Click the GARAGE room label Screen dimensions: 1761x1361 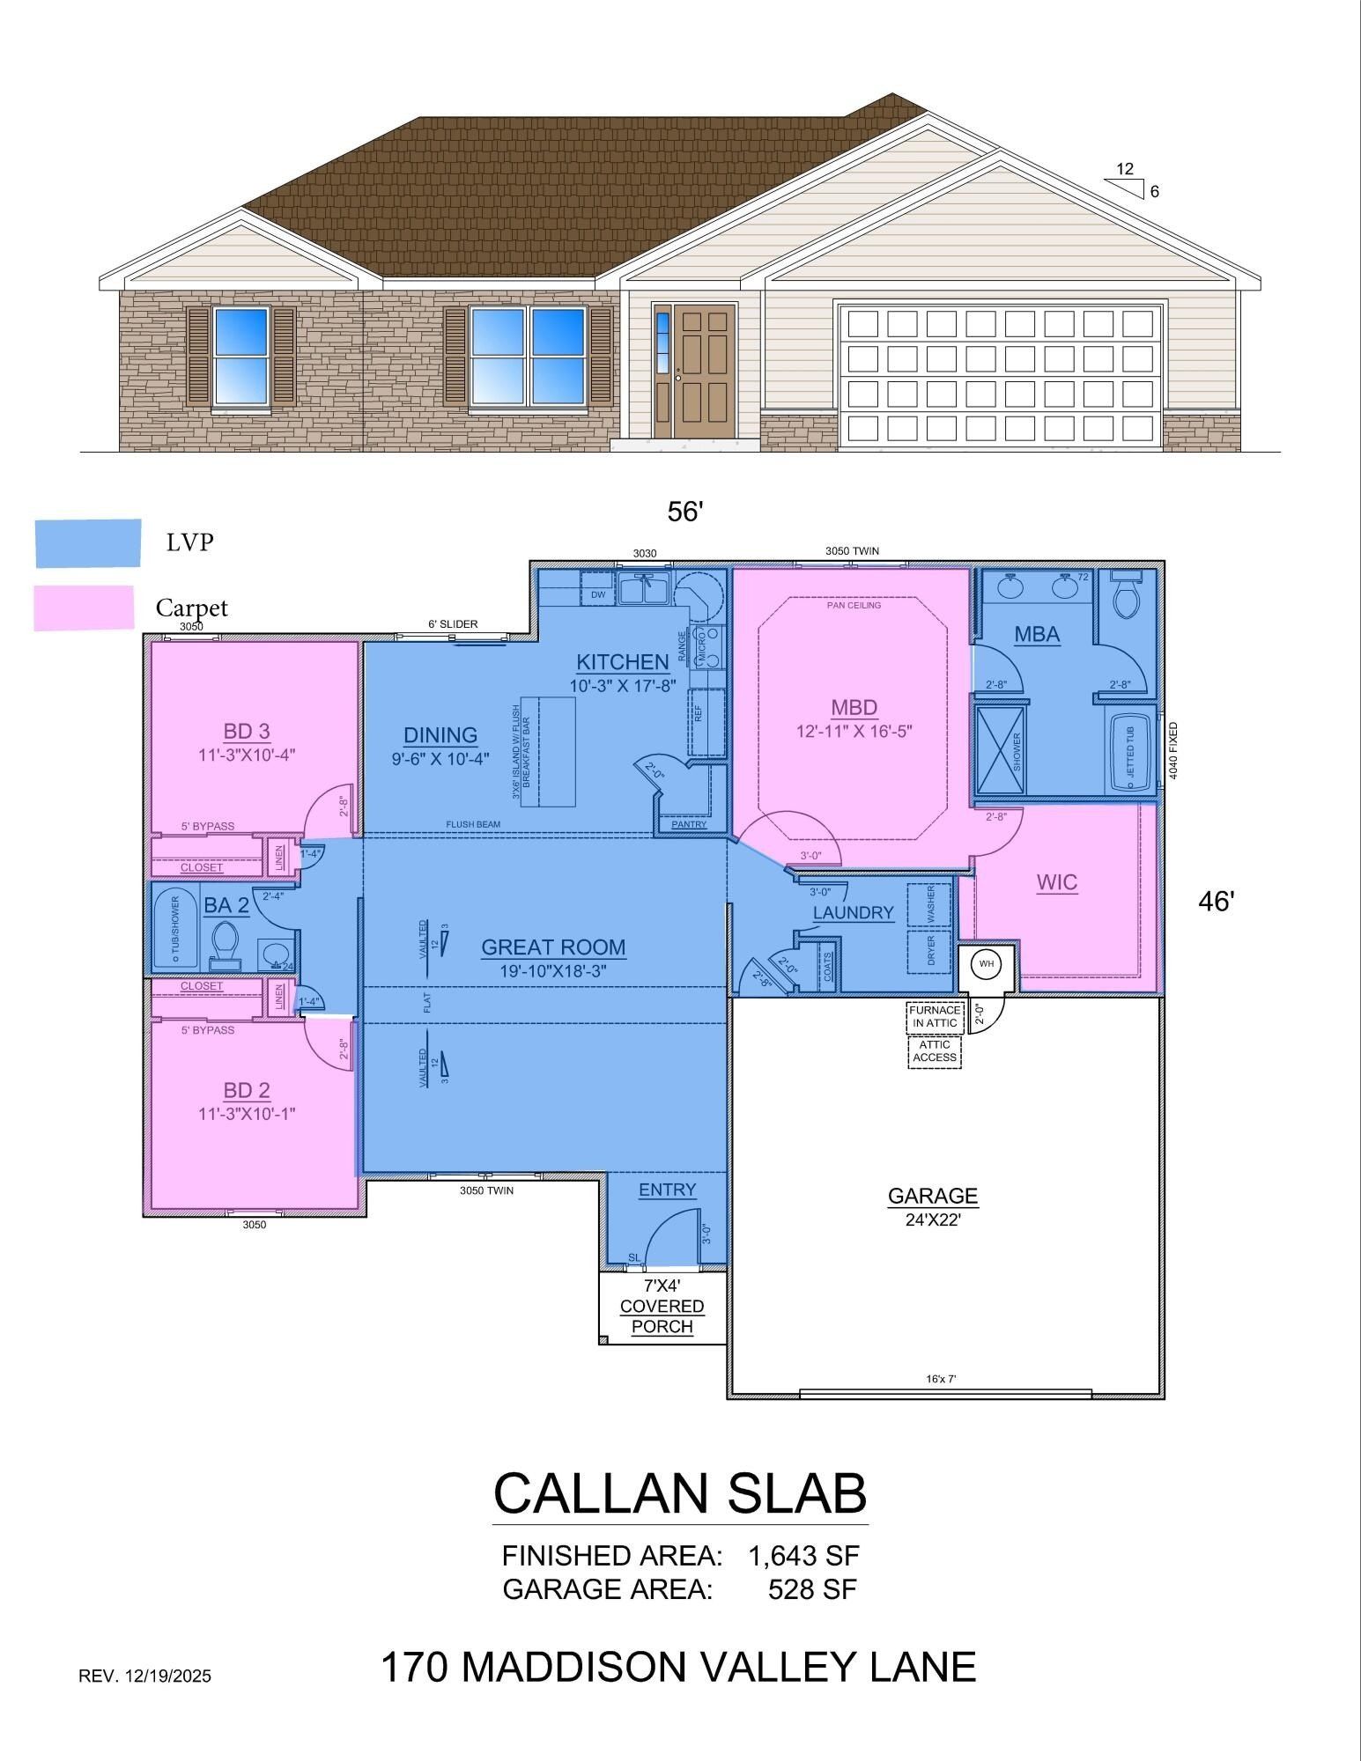(932, 1196)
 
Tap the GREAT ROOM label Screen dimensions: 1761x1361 (553, 947)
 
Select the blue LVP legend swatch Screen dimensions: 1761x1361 (88, 542)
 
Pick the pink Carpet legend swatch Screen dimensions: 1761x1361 (84, 608)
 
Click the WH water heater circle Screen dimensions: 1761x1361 (986, 964)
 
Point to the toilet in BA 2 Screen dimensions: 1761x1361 (226, 940)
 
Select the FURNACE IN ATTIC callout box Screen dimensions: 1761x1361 (935, 1017)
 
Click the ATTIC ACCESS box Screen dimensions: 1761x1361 (935, 1051)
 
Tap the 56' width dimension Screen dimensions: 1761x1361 (684, 512)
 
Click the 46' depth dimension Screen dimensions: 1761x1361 (1217, 901)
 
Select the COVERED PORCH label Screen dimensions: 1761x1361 (662, 1316)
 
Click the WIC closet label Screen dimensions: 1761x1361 (1056, 882)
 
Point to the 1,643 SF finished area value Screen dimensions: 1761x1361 (803, 1556)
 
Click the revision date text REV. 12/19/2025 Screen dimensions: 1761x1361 (145, 1676)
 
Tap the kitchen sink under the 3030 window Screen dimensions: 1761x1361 (645, 587)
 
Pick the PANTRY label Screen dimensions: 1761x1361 (689, 824)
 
